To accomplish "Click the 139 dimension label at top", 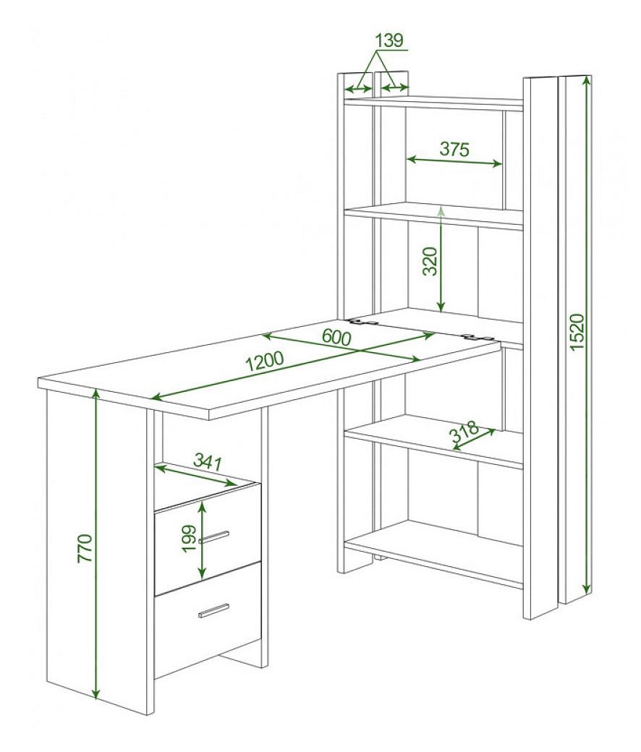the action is coord(389,40).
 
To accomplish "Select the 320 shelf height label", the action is coord(430,261).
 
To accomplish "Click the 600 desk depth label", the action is coord(336,337).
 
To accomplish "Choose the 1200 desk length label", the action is coord(265,362).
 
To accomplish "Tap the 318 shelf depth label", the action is coord(464,431).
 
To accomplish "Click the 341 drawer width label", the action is coord(208,462).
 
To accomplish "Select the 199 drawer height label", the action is coord(190,538).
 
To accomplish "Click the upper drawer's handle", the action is coord(214,537).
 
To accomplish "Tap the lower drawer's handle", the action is coord(213,610).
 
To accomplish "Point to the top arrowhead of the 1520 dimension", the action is coord(586,82).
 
